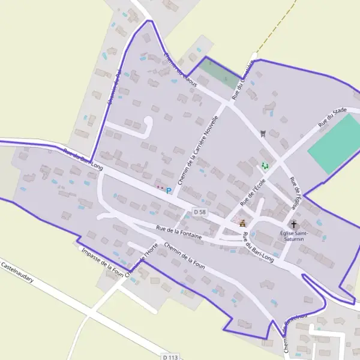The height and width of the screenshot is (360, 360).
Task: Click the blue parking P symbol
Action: (x=169, y=191)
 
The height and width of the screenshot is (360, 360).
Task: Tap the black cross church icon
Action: (x=293, y=223)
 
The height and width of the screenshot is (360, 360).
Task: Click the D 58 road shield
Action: (x=200, y=212)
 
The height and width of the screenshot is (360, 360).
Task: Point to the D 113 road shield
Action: (x=170, y=357)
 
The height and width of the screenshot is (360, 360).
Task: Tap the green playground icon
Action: (x=265, y=166)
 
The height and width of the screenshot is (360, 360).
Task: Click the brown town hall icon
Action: (x=242, y=223)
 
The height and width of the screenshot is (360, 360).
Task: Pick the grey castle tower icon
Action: (x=262, y=133)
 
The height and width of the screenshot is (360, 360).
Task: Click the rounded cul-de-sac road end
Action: (x=148, y=122)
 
